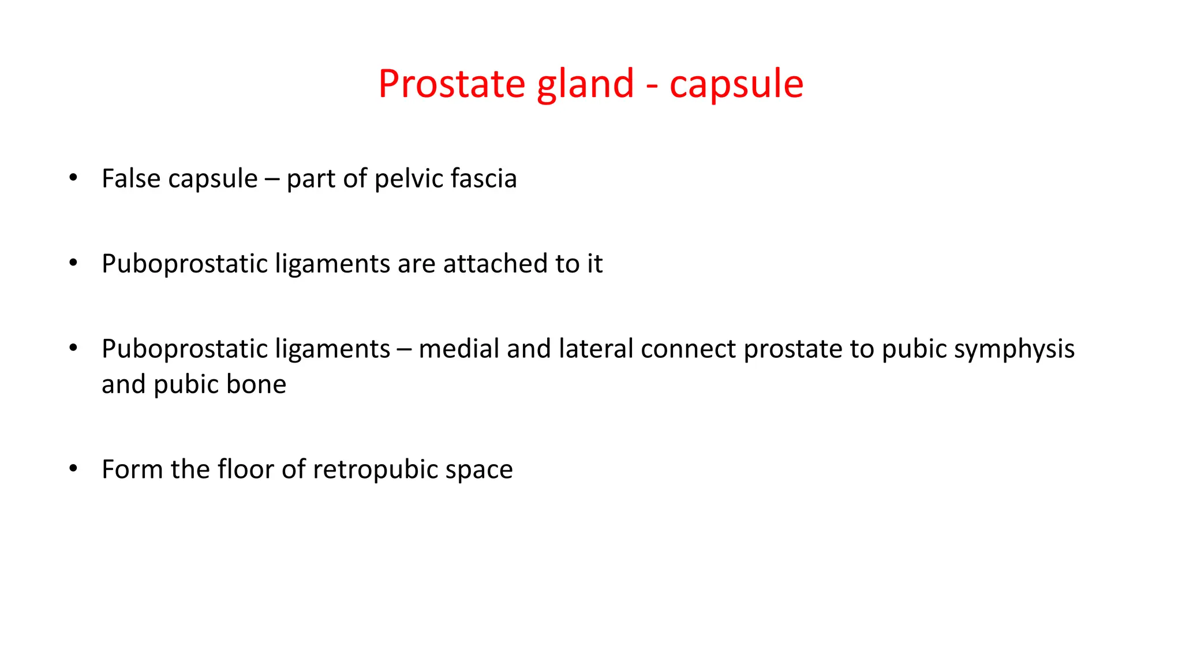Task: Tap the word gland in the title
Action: (585, 84)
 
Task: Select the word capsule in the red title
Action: (736, 84)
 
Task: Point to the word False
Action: (131, 178)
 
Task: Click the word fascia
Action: (484, 178)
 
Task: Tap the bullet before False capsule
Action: (73, 178)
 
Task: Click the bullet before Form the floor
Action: (73, 469)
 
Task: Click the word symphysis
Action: (1014, 349)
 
